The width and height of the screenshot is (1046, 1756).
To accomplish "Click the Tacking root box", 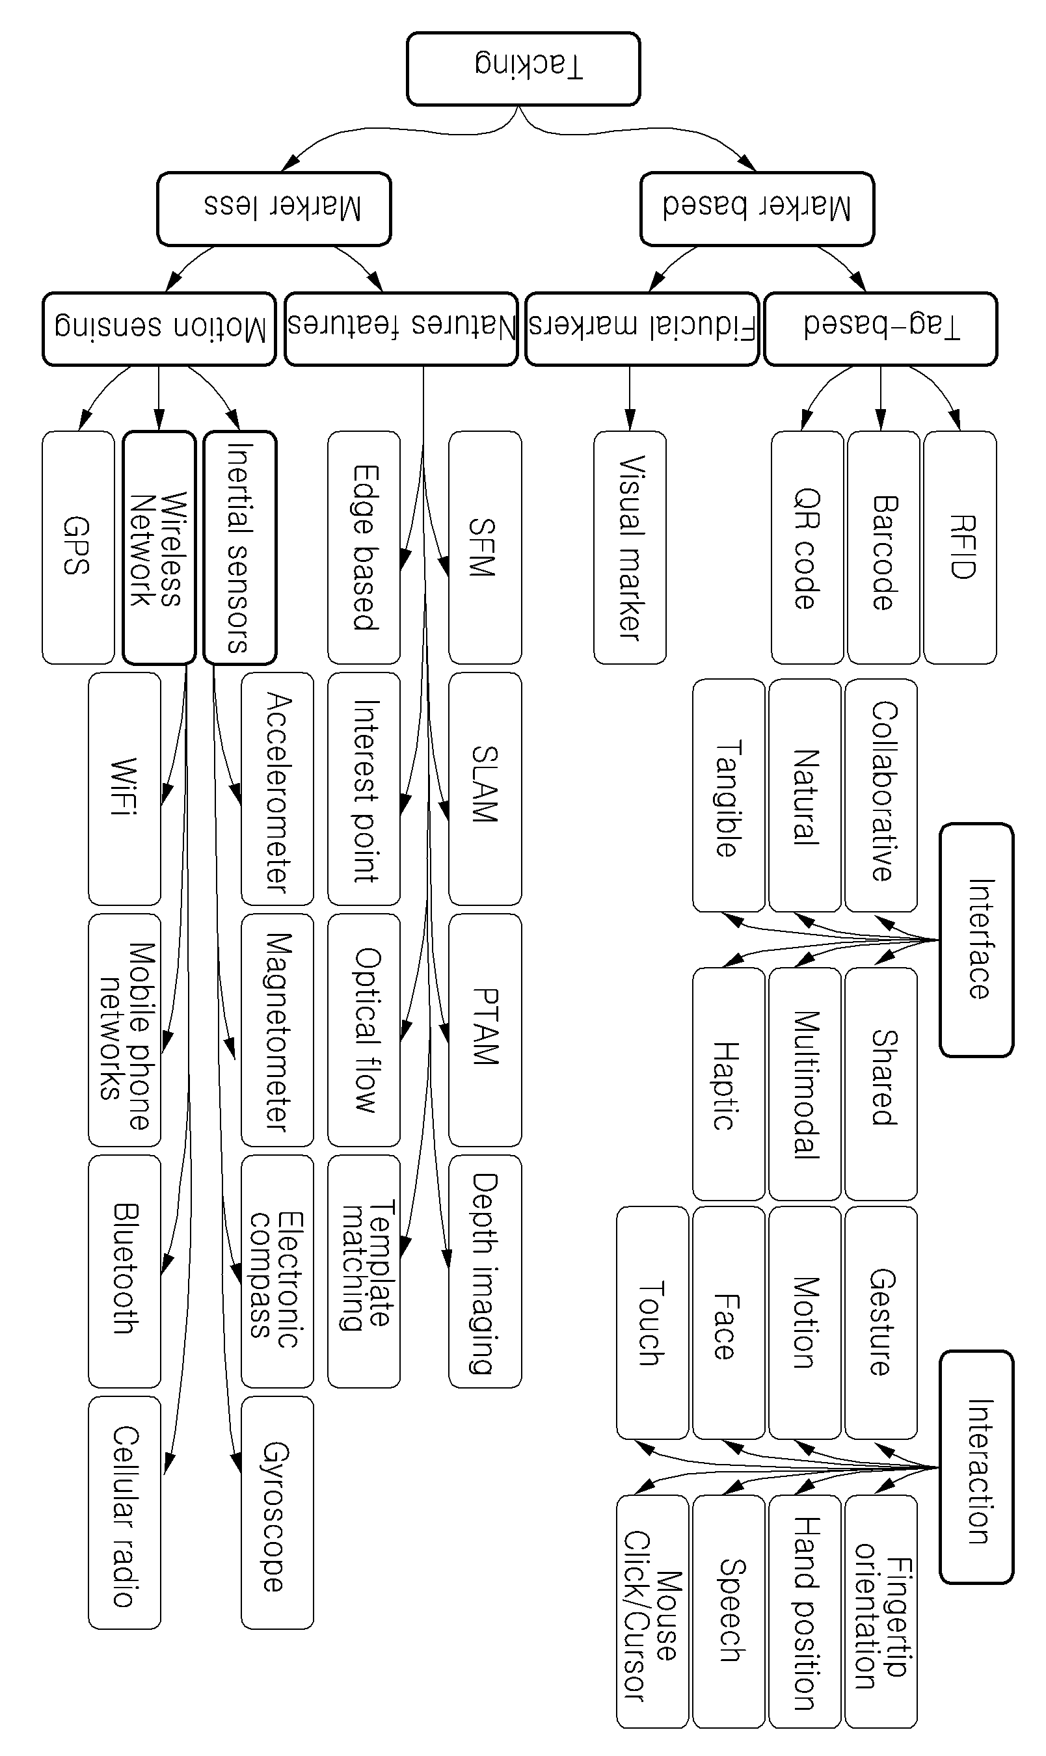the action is [523, 68].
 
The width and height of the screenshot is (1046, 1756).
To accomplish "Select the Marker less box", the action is [275, 209].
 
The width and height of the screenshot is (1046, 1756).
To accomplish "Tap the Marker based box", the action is [757, 209].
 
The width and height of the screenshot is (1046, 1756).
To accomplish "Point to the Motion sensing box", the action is [159, 329].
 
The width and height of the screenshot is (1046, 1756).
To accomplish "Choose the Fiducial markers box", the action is [642, 329].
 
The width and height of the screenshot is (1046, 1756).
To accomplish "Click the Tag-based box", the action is [881, 329].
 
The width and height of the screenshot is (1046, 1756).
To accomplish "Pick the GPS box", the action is [78, 548].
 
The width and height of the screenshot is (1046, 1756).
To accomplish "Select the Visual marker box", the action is [630, 548].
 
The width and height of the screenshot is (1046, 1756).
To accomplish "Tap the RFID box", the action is [960, 548].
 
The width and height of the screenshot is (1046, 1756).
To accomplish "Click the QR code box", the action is [807, 548].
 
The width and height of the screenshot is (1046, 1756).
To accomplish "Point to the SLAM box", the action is [485, 788].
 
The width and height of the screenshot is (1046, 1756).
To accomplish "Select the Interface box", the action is [977, 940].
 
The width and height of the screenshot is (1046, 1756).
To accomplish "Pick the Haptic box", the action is [729, 1084].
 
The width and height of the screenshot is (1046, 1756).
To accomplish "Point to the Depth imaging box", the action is [485, 1271].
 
